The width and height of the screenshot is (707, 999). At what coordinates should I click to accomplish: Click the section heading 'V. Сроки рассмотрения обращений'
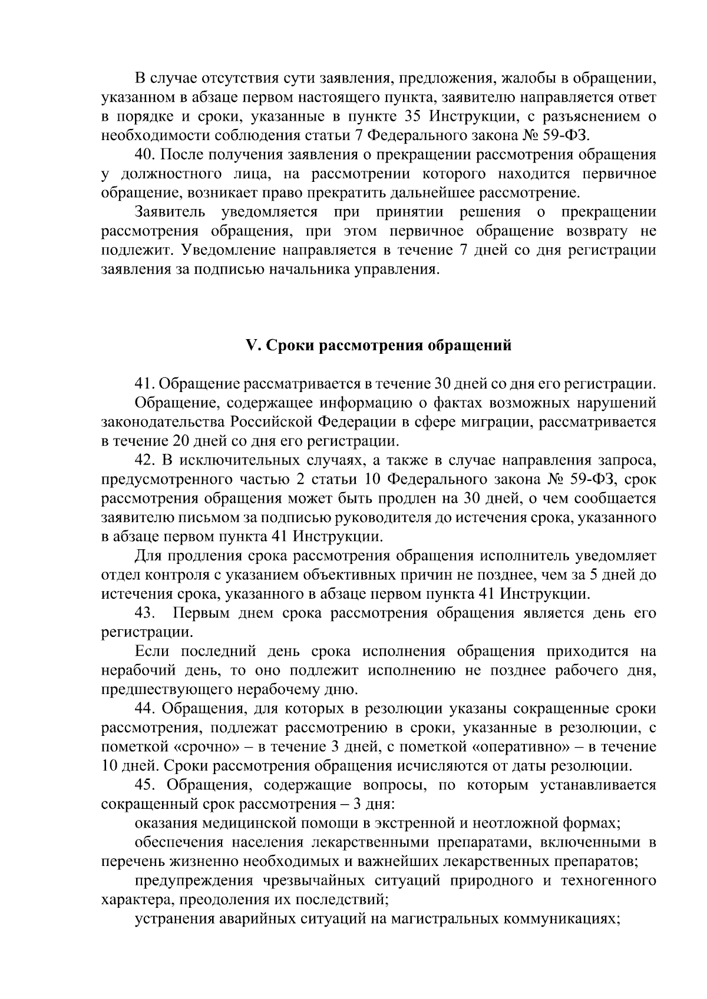378,346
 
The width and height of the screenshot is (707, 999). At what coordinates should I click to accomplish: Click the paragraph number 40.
144,155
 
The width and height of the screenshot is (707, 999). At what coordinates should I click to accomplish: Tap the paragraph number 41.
144,384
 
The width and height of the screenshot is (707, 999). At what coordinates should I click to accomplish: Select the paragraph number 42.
144,460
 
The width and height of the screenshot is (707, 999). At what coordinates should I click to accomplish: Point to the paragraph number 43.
144,613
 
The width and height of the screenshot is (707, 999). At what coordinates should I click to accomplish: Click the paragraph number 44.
144,709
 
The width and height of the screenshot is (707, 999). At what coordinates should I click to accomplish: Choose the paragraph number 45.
144,785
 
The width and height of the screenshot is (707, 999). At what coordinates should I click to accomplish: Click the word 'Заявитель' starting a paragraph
170,212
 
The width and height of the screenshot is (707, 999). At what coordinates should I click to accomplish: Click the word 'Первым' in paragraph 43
200,613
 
